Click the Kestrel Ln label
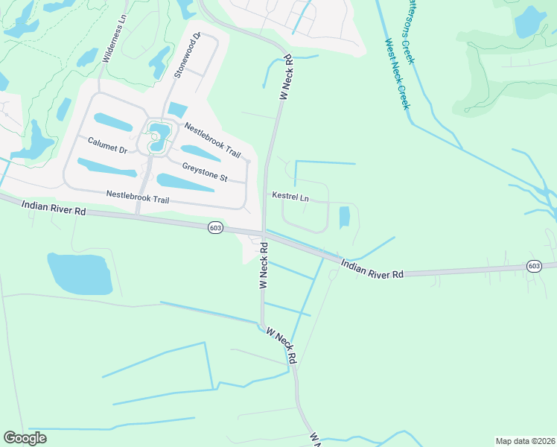pos(290,197)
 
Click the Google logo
pos(25,438)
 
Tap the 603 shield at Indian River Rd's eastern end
pos(533,265)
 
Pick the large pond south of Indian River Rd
pos(80,273)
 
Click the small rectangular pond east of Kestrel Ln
pos(344,218)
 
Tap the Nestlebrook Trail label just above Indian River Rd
pos(138,197)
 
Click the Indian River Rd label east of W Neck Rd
pos(372,269)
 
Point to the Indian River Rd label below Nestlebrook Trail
pos(54,208)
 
